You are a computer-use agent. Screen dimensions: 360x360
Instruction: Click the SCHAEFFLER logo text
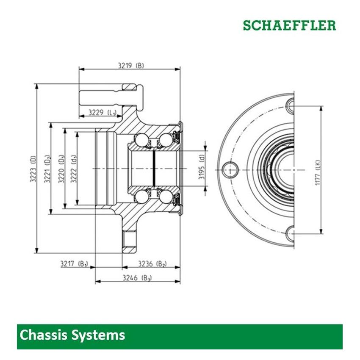pos(289,25)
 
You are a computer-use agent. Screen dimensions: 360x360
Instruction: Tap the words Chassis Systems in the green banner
pos(72,335)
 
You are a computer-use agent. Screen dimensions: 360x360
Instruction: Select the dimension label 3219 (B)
pos(130,65)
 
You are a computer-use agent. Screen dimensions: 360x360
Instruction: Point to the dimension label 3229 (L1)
pos(102,112)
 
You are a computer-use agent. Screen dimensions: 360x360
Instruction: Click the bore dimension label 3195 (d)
pos(202,169)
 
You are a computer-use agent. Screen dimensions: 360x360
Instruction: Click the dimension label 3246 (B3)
pos(137,278)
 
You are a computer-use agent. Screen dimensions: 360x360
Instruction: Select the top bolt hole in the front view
pos(291,105)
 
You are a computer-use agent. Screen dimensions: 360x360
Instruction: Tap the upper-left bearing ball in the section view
pos(141,140)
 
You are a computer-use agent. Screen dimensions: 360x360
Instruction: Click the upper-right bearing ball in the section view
pos(166,140)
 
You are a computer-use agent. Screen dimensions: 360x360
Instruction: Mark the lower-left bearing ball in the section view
pos(141,196)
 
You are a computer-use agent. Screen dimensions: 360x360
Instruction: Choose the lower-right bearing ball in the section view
pos(166,196)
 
